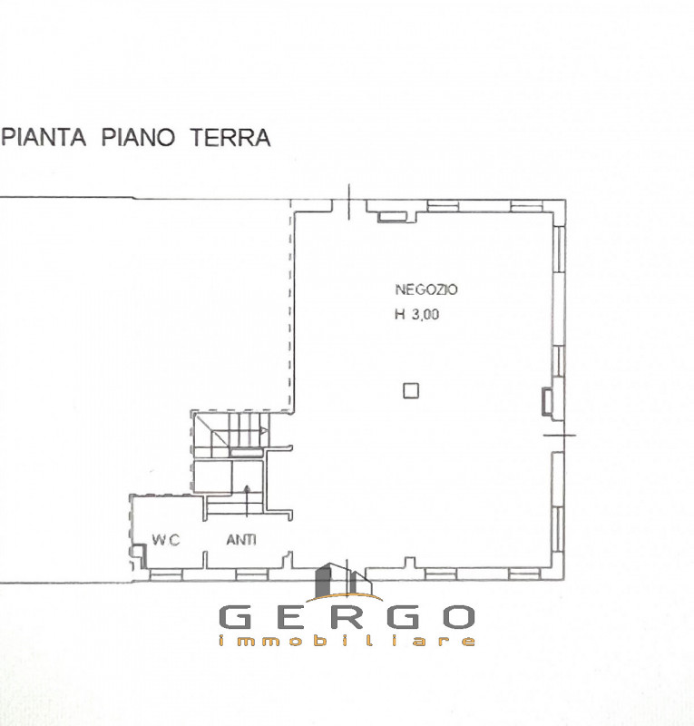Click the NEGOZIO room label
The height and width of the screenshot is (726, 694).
426,290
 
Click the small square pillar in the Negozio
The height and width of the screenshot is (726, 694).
411,390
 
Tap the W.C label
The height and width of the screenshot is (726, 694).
165,540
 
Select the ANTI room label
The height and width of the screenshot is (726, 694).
240,540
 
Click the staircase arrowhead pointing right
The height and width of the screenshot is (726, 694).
264,430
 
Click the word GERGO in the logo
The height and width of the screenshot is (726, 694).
347,617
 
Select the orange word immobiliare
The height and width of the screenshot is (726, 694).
347,641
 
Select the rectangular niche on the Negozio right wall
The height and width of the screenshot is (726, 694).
547,399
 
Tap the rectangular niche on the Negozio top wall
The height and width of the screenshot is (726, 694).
393,215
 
